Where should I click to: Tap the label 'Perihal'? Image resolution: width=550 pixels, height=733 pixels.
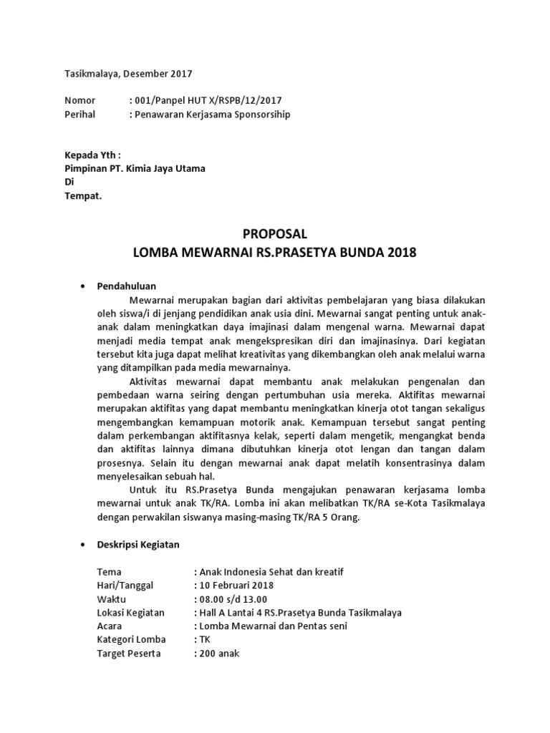pos(81,114)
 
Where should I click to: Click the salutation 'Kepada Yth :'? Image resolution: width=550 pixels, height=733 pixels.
pos(94,155)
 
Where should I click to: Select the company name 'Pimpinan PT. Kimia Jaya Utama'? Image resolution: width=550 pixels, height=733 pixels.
pos(135,168)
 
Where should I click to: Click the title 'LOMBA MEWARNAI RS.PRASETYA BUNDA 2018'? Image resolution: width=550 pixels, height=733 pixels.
pos(275,253)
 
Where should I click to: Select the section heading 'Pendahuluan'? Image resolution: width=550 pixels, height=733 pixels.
pos(127,286)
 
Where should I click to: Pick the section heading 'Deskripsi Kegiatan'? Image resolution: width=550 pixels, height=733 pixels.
pos(138,545)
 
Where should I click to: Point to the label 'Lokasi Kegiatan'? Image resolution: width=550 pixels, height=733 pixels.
pos(130,613)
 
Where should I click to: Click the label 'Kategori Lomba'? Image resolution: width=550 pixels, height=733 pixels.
pos(131,640)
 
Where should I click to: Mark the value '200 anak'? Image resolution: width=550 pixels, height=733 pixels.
pos(219,654)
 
